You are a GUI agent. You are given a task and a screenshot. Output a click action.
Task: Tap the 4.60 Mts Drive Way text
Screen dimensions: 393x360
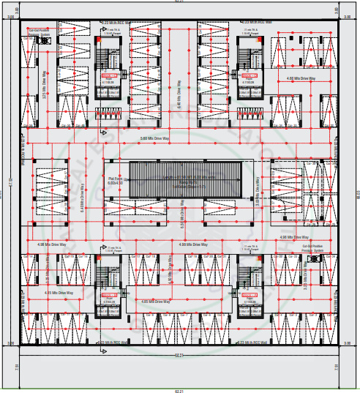point(301,78)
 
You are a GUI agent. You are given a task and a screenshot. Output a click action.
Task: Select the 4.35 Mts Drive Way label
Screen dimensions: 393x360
point(57,293)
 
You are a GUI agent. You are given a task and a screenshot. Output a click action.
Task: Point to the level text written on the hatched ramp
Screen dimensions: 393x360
point(189,178)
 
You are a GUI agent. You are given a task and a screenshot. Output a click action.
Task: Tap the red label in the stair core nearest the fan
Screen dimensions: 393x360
point(109,75)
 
